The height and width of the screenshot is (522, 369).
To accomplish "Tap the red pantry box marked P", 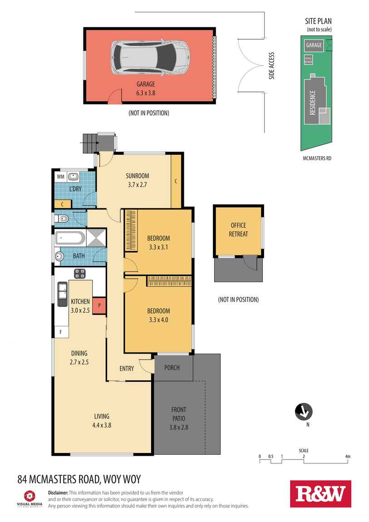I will point(99,306).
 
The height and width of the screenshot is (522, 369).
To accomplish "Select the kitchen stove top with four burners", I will point(80,273).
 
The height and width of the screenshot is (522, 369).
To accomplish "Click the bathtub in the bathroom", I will point(69,238).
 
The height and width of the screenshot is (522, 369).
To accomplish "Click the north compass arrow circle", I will point(303,411).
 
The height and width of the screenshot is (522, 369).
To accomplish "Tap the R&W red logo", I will point(320,493).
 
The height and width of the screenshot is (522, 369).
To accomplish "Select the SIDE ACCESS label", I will point(272,66).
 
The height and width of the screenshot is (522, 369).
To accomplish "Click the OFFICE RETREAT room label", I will point(239,230).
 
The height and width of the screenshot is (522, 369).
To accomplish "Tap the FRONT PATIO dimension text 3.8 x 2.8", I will point(179,427).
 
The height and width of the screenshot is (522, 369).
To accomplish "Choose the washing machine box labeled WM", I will point(60,176).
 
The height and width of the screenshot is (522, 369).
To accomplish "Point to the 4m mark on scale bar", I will point(348,457).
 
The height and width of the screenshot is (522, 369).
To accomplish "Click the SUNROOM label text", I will point(137,176).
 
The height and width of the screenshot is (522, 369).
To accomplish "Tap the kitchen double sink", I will point(62,293).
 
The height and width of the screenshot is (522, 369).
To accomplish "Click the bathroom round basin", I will point(59,256).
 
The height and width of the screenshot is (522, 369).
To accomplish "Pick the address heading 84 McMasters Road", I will point(79,479).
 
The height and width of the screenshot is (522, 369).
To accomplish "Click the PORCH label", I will point(172,368).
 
